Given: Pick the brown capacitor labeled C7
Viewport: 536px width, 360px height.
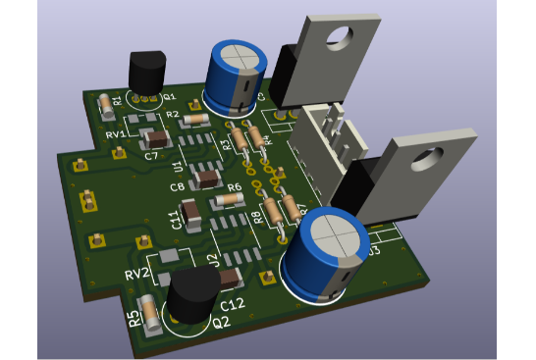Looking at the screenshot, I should (x=152, y=138).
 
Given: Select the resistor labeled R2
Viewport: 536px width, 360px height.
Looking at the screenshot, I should (x=194, y=120).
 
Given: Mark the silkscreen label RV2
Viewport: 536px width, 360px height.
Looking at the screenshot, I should (x=136, y=273).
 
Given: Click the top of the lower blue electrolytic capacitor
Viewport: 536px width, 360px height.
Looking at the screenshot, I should (x=331, y=238).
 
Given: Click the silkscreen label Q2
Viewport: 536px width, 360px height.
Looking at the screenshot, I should (x=221, y=322).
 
